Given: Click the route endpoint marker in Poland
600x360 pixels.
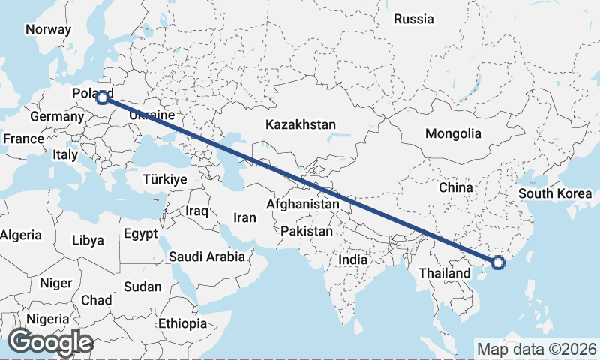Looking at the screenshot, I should (x=103, y=97).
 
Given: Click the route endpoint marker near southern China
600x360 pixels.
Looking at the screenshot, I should (x=497, y=262).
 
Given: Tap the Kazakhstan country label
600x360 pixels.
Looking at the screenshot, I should (x=300, y=125).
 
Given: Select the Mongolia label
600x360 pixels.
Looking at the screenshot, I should (x=453, y=134).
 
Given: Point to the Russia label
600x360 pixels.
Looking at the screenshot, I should (x=413, y=19).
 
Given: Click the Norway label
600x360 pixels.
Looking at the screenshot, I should (x=48, y=30).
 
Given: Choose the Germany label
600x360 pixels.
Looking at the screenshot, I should (x=57, y=117).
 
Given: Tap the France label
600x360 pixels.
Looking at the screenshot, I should (x=23, y=139).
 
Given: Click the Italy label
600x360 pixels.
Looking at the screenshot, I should (x=65, y=155).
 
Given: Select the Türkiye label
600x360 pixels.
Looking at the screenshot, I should (x=164, y=180).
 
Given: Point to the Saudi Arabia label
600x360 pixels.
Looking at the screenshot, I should (x=206, y=256).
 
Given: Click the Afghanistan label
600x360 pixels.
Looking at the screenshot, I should (x=303, y=204).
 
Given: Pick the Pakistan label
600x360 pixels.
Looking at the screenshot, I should (x=306, y=232).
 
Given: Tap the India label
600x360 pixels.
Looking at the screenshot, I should (x=352, y=259).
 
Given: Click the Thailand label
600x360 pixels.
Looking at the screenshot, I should (x=445, y=273).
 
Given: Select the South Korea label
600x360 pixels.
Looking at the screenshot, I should (x=555, y=193).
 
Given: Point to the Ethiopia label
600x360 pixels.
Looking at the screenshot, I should (x=182, y=323).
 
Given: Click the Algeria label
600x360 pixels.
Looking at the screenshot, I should (x=21, y=235).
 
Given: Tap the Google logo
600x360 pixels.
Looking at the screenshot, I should (x=50, y=342).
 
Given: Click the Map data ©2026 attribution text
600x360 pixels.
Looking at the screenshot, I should (x=536, y=349).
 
